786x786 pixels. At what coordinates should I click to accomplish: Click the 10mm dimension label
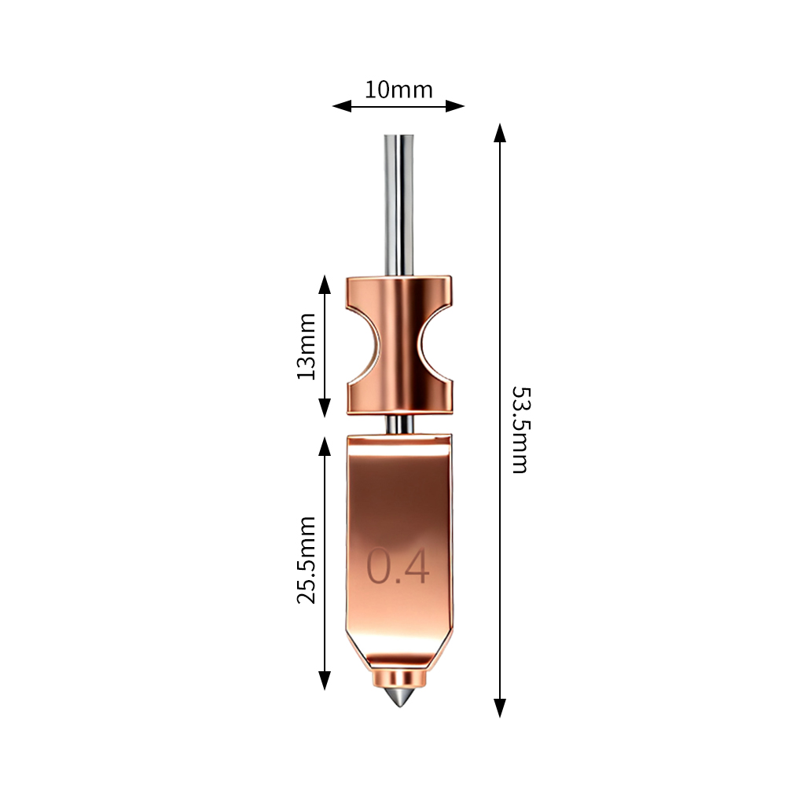click(x=399, y=90)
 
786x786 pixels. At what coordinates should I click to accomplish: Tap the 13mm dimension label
click(x=307, y=347)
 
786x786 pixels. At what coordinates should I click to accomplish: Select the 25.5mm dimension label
click(x=307, y=560)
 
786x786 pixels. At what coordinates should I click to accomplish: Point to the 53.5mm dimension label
click(x=520, y=430)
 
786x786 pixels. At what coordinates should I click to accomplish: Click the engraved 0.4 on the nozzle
click(x=398, y=566)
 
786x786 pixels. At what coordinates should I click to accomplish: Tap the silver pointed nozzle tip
click(x=399, y=696)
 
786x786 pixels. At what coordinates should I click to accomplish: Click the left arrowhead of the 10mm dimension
click(x=342, y=106)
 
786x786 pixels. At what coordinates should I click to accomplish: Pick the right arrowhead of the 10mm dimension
click(x=454, y=106)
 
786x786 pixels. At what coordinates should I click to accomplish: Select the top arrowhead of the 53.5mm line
click(x=500, y=133)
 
